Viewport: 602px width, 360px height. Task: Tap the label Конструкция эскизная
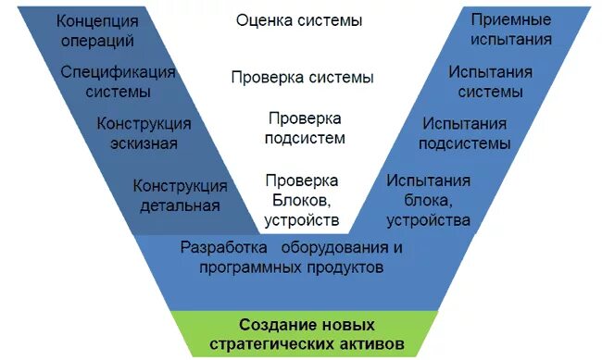[144, 133]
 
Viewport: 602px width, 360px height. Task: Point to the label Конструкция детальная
[180, 195]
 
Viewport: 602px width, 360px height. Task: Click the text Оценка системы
[298, 20]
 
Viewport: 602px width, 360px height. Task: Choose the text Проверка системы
[302, 78]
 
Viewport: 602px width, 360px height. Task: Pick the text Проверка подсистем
[305, 129]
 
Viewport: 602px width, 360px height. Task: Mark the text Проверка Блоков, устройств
[302, 199]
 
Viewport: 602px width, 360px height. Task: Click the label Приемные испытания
[510, 30]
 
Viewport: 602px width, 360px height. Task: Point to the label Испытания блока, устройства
[428, 200]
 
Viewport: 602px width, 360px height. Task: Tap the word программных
[249, 267]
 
